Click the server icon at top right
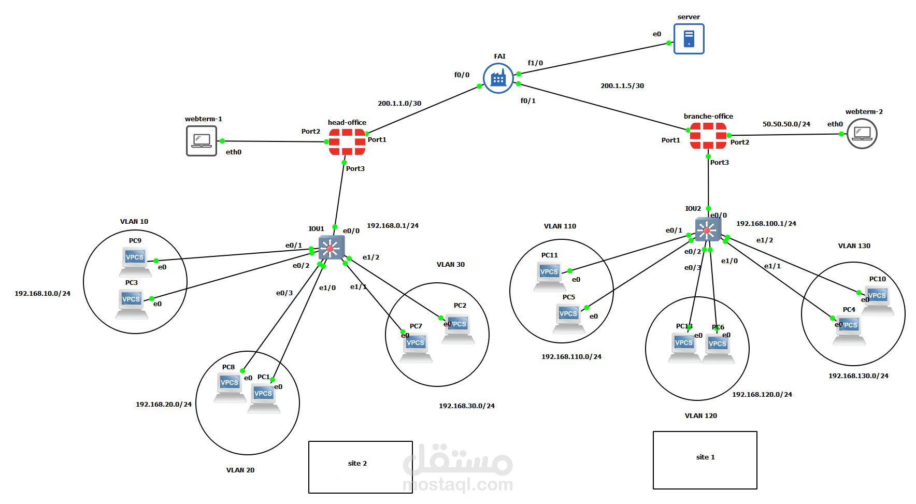[689, 39]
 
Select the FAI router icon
[498, 78]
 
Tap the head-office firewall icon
[347, 142]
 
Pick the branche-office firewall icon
[708, 136]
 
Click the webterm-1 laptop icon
[202, 141]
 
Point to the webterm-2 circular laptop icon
[862, 134]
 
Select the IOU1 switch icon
[331, 248]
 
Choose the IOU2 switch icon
[708, 229]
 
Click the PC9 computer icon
[135, 261]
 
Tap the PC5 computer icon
[568, 317]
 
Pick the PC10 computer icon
[877, 299]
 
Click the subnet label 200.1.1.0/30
[399, 104]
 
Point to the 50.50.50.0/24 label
[786, 124]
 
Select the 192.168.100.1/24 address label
[766, 224]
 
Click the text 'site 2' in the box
[357, 464]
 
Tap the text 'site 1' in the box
[705, 457]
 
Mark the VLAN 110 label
[560, 226]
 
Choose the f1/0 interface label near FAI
[535, 63]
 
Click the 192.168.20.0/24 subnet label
[164, 405]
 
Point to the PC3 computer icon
[131, 303]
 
